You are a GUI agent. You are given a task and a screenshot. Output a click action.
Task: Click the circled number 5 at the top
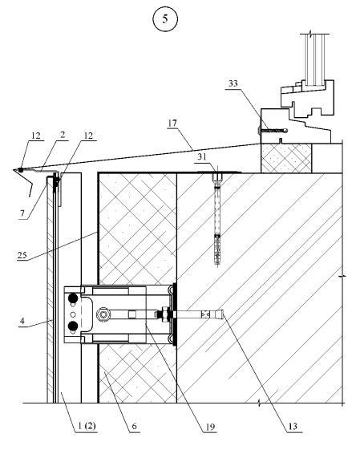(165, 18)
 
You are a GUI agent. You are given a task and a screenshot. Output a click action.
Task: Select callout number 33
(233, 83)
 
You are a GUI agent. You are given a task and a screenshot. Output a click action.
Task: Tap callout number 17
(172, 123)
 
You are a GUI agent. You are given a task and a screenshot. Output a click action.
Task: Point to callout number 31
(202, 156)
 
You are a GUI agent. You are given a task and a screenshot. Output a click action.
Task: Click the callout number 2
(63, 135)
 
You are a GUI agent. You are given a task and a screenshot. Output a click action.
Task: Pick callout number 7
(22, 213)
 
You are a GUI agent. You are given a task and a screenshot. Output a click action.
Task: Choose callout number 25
(22, 255)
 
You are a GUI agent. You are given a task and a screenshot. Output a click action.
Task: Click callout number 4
(22, 321)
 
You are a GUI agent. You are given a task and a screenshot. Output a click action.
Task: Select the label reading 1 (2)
(87, 426)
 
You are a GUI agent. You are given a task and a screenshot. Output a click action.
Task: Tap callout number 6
(134, 426)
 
